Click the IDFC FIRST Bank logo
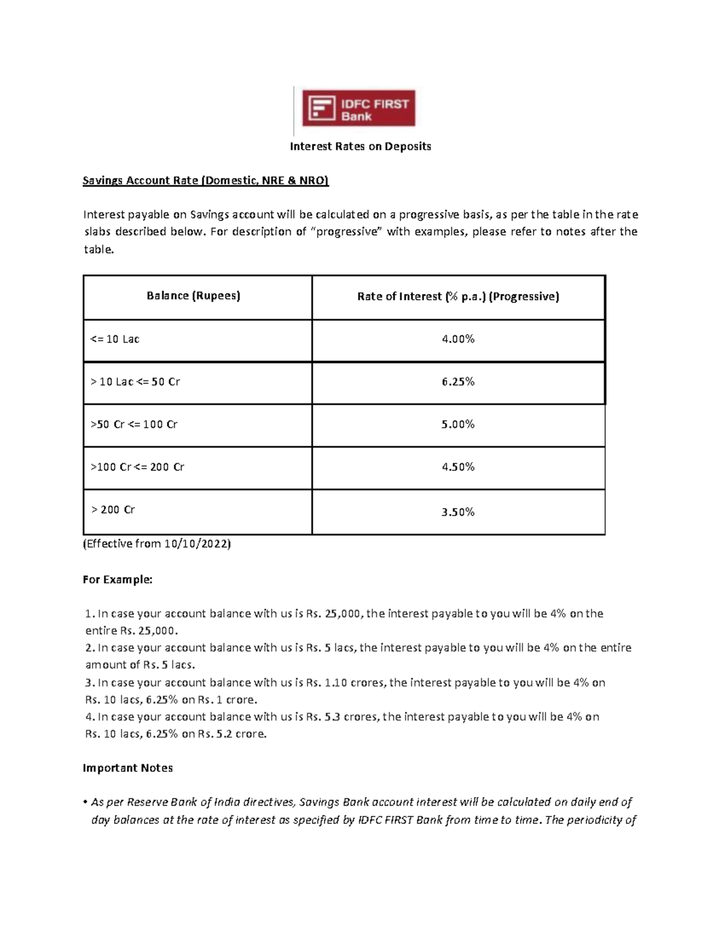(x=359, y=109)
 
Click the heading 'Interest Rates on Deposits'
(x=360, y=146)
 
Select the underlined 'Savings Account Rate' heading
(x=205, y=181)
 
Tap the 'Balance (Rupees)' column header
(x=193, y=296)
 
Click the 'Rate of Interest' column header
(x=458, y=297)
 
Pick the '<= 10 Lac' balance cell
(x=115, y=339)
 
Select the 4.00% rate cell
(x=458, y=339)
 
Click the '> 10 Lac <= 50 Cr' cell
(x=135, y=382)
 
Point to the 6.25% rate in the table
(x=458, y=382)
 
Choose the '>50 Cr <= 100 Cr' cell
(x=134, y=425)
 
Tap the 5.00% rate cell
(x=458, y=425)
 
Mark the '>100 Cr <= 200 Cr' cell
(x=137, y=467)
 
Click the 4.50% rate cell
(x=458, y=467)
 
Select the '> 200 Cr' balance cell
(x=113, y=510)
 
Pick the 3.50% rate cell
(x=458, y=512)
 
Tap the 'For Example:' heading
(x=118, y=580)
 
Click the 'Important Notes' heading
(x=127, y=768)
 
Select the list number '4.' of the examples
(x=90, y=717)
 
